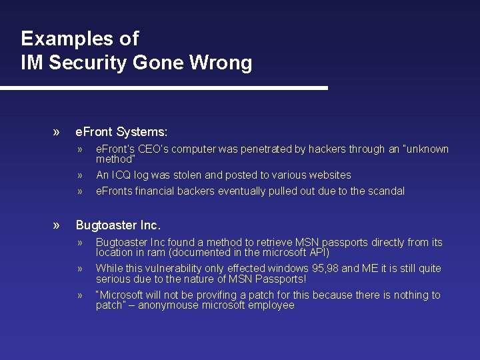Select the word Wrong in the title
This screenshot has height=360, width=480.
click(x=221, y=63)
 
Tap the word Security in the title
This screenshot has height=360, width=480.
click(x=88, y=63)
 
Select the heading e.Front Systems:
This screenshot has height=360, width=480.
click(x=121, y=132)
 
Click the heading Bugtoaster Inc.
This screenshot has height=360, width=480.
click(x=118, y=225)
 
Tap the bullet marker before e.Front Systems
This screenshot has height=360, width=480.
click(x=57, y=132)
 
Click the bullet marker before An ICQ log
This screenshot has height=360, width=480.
click(x=79, y=176)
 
